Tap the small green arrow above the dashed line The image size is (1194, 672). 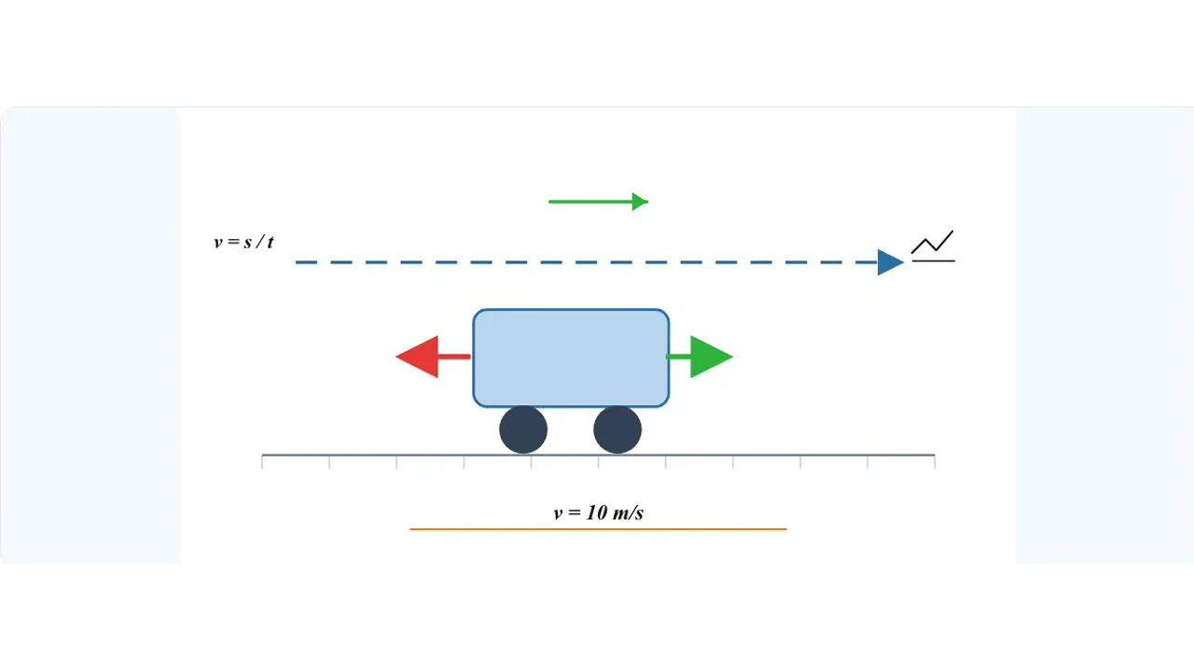click(599, 202)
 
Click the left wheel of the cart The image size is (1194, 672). click(523, 430)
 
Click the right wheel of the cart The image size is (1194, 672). click(618, 430)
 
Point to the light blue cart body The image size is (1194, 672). click(571, 357)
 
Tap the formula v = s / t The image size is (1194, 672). click(243, 242)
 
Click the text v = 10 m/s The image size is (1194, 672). click(599, 512)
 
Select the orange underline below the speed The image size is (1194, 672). click(598, 529)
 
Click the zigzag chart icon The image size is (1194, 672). click(932, 242)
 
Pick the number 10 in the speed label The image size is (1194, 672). click(596, 512)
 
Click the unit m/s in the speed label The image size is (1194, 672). click(629, 512)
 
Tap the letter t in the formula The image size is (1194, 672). click(271, 242)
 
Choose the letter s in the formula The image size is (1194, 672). click(248, 244)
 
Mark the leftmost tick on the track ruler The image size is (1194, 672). click(262, 462)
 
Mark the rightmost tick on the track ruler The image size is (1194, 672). click(935, 462)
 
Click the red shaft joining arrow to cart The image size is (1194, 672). click(454, 357)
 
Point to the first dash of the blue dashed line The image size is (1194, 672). click(307, 262)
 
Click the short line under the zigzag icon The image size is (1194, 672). click(934, 260)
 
